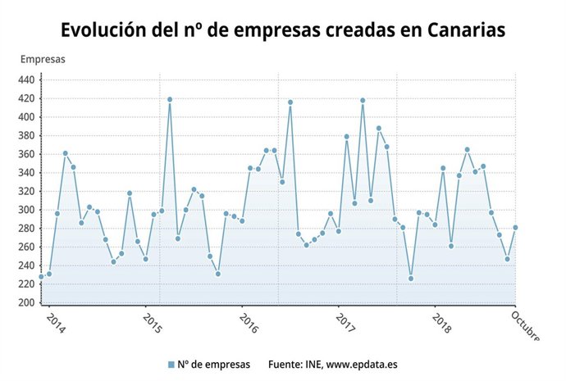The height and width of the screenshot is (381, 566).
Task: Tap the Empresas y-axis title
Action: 43,59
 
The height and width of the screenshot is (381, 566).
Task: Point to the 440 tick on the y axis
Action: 26,79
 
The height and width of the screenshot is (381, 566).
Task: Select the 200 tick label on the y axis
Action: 26,303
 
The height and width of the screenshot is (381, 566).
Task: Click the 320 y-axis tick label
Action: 26,191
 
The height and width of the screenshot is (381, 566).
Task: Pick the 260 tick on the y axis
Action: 26,247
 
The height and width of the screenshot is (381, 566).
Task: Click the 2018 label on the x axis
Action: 442,323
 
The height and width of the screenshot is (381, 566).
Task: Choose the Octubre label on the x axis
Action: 525,324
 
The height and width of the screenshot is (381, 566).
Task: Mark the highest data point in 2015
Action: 170,99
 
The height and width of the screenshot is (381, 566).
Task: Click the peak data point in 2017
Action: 363,100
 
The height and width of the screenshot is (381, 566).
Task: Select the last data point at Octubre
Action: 515,228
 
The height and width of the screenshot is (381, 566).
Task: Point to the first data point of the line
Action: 41,277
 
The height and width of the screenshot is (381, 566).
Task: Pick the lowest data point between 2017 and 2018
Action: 411,279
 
